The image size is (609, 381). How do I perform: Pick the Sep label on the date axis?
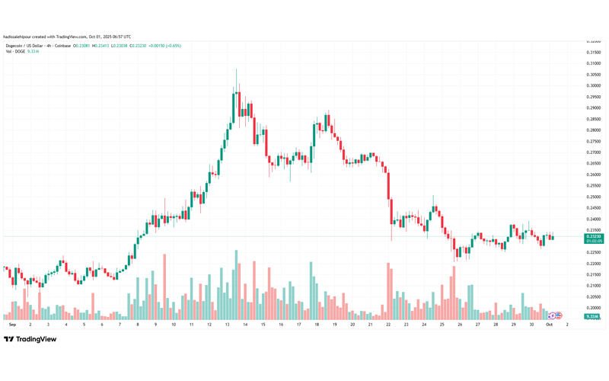11,324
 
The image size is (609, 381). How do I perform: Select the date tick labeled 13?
228,324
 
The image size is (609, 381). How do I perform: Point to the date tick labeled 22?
388,324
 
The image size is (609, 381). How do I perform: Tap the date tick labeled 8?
138,324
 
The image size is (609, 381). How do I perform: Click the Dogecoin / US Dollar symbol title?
25,46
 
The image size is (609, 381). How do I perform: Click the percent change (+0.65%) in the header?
171,46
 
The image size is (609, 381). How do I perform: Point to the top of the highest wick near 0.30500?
236,69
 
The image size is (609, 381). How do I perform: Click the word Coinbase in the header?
62,46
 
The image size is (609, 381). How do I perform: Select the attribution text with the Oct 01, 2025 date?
67,36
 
